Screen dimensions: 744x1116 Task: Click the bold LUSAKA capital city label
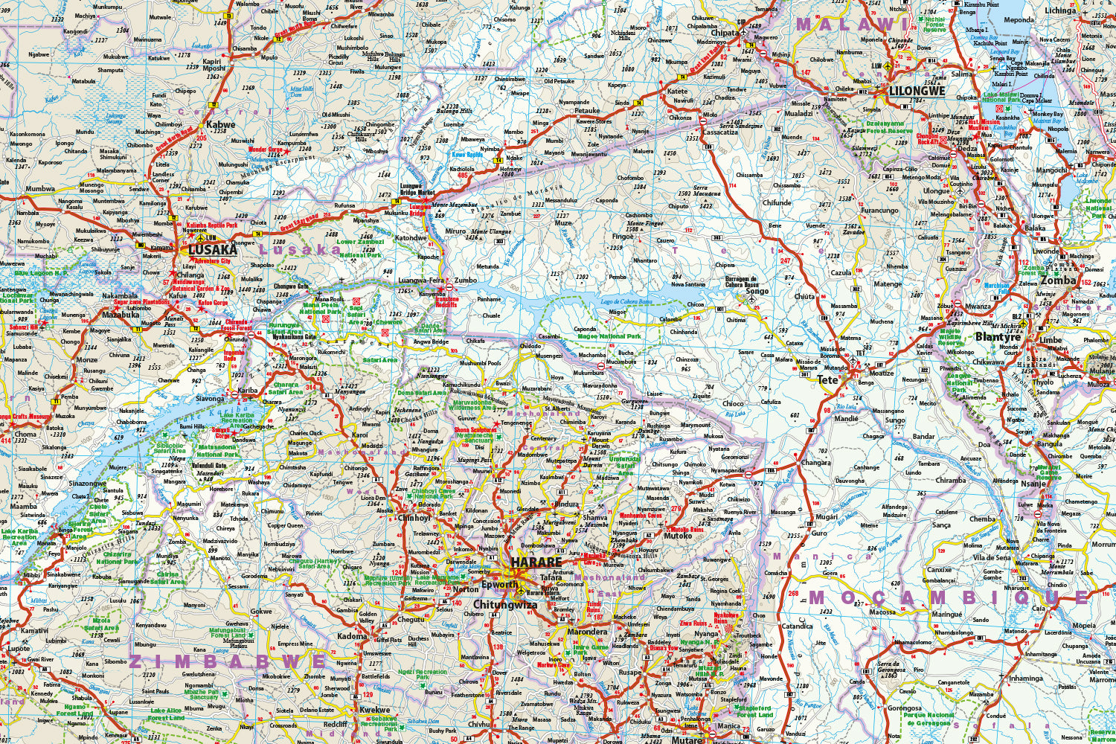[x=212, y=250]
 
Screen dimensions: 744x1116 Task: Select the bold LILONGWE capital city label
[x=917, y=92]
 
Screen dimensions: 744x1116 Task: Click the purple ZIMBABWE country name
[x=228, y=661]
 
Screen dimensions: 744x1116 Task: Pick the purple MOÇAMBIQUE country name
[x=949, y=597]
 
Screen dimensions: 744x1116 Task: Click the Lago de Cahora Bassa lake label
[x=626, y=302]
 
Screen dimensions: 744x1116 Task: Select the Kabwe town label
[x=221, y=125]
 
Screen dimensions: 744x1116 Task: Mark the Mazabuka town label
[x=121, y=315]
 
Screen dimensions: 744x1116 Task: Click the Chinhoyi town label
[x=414, y=518]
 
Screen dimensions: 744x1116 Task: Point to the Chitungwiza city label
[x=505, y=606]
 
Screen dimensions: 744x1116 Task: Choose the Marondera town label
[x=587, y=632]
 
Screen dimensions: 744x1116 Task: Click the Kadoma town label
[x=352, y=636]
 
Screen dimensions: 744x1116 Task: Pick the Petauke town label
[x=587, y=111]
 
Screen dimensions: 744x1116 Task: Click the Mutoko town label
[x=678, y=536]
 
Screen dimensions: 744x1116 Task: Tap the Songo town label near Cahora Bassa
[x=757, y=291]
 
